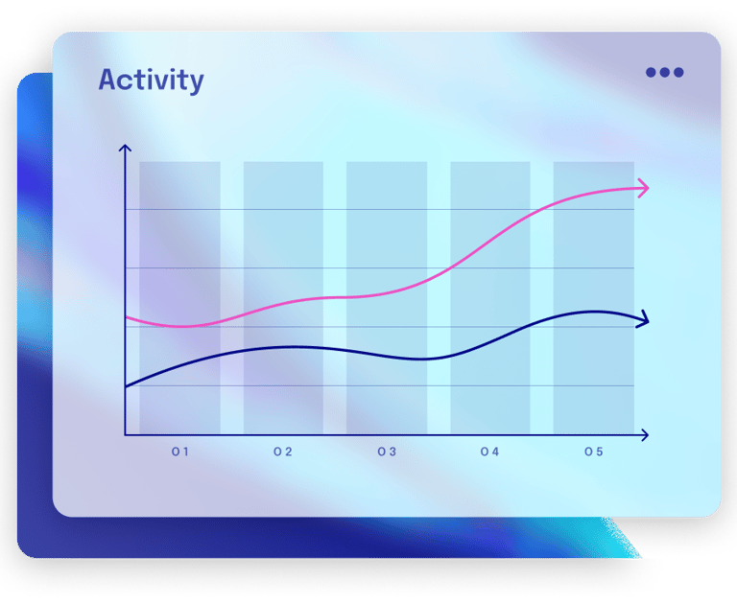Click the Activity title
(x=151, y=81)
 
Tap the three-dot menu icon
(x=665, y=72)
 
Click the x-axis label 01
(x=180, y=452)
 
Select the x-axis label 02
(x=283, y=452)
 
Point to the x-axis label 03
(x=387, y=452)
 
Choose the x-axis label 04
(x=489, y=452)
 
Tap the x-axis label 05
(x=594, y=452)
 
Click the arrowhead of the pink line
(x=644, y=188)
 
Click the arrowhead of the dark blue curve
(x=644, y=320)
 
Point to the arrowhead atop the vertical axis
(x=125, y=148)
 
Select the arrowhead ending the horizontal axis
(x=645, y=435)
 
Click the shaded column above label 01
(x=180, y=298)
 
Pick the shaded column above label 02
(x=283, y=298)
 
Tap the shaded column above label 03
(x=387, y=298)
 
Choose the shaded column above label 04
(x=490, y=298)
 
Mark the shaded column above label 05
(x=594, y=298)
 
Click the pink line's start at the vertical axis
(x=126, y=317)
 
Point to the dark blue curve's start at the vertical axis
(x=126, y=386)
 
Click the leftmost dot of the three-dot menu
(x=651, y=72)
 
